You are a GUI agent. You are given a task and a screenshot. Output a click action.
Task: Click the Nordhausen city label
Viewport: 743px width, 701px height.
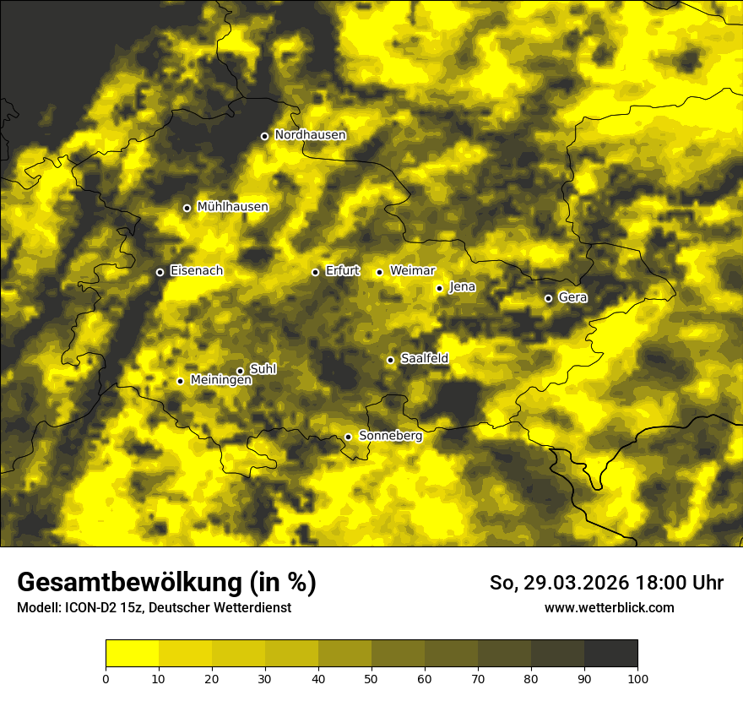tap(310, 135)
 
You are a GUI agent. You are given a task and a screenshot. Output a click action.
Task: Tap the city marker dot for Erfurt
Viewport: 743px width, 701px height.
tap(315, 272)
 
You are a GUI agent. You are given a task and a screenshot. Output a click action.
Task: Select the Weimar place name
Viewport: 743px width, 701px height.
tap(412, 271)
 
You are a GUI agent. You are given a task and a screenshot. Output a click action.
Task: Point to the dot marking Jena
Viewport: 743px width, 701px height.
tap(439, 288)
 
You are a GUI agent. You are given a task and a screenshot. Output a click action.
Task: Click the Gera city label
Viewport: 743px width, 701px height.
tap(572, 297)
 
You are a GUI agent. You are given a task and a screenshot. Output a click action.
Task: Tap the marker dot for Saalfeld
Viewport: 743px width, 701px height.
tap(390, 360)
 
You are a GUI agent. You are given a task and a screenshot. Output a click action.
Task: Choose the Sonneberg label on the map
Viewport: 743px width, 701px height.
tap(390, 436)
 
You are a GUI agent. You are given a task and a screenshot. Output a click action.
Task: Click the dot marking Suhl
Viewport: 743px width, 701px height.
tap(240, 371)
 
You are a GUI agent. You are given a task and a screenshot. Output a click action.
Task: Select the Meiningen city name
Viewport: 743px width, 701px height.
tap(221, 381)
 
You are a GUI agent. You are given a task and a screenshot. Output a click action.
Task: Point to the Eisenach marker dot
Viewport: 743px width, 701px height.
tap(160, 272)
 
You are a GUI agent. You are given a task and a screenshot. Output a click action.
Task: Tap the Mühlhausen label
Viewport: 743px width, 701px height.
tap(232, 207)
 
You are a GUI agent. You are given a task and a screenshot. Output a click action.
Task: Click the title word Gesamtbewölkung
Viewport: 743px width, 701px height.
tap(126, 583)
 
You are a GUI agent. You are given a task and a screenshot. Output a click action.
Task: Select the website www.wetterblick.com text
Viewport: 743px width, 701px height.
tap(610, 608)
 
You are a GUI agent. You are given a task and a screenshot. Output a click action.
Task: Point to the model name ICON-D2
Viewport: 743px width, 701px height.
tap(88, 608)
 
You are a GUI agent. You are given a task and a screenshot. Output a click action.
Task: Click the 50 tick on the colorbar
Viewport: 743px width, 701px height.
tap(371, 678)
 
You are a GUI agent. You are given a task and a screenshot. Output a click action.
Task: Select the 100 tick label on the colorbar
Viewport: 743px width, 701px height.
tap(637, 678)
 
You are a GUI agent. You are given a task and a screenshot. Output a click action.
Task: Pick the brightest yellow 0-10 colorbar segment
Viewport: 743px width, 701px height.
tap(132, 654)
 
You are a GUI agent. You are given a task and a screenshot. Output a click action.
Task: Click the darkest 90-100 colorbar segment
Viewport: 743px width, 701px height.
tap(610, 654)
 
